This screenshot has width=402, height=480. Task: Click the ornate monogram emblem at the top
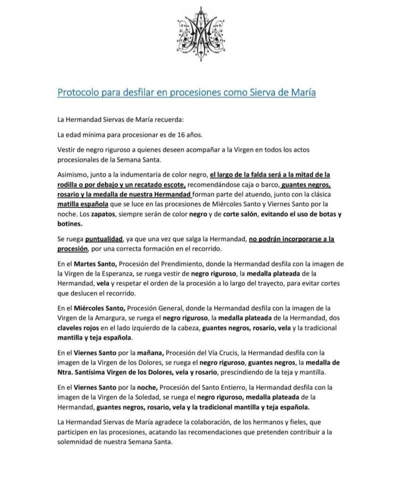200,34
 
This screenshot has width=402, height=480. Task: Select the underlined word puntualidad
101,239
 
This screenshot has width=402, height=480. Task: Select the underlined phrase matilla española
84,205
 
